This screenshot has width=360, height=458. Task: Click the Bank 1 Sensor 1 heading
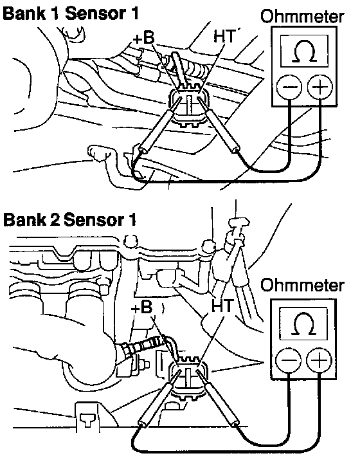71,14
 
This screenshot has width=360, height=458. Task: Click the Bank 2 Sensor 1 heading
69,219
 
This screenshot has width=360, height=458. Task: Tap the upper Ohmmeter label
303,17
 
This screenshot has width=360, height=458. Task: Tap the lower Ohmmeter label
303,285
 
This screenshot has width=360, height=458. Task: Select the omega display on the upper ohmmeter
304,51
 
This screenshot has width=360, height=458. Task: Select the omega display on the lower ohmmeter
303,324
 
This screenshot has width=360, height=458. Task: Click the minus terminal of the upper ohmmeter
289,87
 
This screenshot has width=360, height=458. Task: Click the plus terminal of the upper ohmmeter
320,87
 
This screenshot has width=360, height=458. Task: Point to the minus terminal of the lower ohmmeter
288,360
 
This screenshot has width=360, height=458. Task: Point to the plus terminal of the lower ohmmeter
319,360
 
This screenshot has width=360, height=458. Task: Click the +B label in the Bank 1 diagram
143,37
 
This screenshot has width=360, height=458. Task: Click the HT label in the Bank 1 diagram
224,36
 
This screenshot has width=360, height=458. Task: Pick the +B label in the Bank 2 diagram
142,307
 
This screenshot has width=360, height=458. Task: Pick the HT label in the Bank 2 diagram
222,306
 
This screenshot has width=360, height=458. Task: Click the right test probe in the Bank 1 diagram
219,125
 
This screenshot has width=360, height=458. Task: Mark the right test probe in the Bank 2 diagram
218,398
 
